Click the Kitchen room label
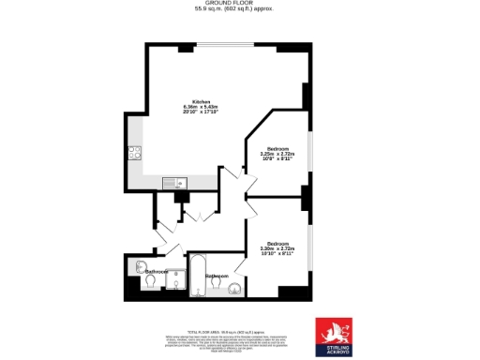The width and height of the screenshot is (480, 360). (x=201, y=101)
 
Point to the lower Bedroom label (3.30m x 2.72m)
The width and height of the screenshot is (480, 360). (x=277, y=244)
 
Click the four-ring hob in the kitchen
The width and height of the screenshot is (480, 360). (x=135, y=154)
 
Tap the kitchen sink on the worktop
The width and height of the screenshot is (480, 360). (x=174, y=182)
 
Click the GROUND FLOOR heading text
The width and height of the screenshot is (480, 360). (x=239, y=4)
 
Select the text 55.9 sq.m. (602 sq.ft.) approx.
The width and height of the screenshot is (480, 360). (x=239, y=10)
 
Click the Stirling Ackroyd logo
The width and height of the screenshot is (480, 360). (x=336, y=335)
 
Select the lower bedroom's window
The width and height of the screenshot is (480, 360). (x=310, y=246)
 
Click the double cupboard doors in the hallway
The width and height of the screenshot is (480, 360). (x=196, y=216)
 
